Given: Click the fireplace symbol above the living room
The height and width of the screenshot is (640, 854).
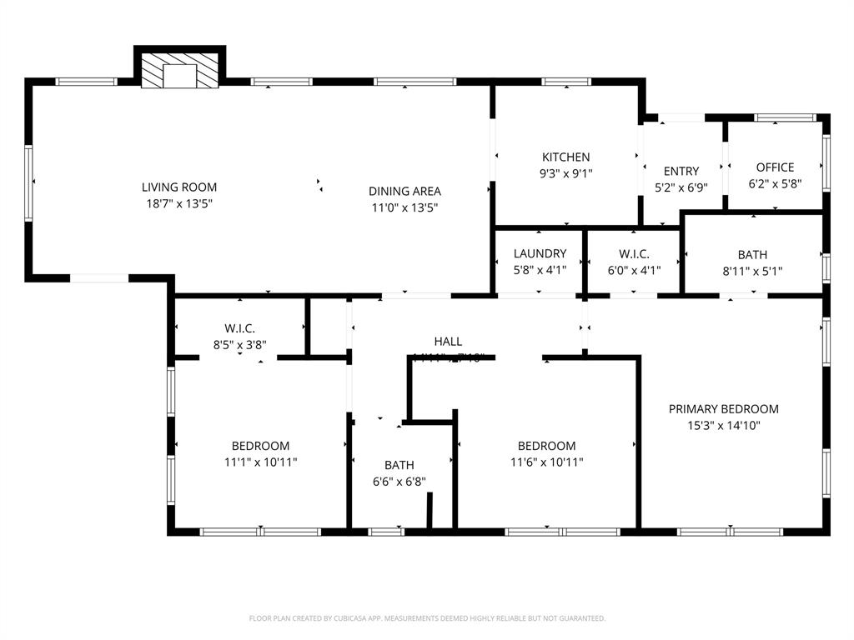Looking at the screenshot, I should tap(179, 72).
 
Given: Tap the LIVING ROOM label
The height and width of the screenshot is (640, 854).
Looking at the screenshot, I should tap(179, 187).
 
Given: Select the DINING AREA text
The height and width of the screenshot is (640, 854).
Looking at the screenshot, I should tap(404, 192).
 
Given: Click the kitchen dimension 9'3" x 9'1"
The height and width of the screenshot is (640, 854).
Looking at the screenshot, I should tap(566, 173).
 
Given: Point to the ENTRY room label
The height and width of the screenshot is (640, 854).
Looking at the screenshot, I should tap(681, 172).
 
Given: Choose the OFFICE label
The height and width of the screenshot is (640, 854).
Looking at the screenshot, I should tap(775, 167).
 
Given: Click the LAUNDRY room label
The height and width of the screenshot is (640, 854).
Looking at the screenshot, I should tap(540, 254).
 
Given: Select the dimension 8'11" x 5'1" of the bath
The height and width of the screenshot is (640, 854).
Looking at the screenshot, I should tap(752, 271).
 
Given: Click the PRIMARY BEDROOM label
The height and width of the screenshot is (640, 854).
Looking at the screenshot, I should tap(723, 409).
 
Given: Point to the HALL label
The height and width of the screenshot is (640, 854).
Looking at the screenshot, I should tap(448, 342).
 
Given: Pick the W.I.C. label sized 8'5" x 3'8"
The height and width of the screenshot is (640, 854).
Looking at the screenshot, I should tap(239, 328).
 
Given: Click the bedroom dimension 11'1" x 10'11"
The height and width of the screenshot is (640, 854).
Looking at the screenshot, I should tap(260, 462).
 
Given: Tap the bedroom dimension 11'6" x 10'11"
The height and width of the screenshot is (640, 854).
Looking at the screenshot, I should tap(546, 462).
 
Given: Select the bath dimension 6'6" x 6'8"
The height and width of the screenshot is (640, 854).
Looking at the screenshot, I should tap(399, 481).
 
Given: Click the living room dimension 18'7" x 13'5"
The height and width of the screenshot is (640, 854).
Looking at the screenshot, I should tap(179, 203).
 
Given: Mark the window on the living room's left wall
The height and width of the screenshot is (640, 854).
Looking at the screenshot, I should tap(28, 182).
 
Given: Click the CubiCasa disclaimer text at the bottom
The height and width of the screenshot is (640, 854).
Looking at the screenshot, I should tap(427, 618).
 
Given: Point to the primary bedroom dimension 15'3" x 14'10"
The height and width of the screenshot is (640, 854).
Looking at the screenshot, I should tap(723, 425).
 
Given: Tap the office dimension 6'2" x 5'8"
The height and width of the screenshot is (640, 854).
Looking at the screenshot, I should tap(775, 183).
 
